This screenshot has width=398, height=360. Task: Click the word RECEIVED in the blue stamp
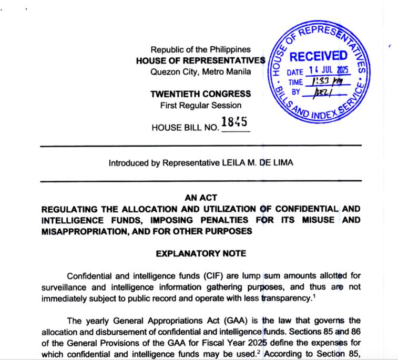point(319,56)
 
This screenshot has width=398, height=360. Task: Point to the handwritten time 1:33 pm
point(327,81)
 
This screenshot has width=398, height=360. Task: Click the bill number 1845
point(234,123)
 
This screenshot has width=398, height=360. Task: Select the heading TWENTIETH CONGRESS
point(200,95)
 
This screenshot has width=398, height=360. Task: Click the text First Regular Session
point(200,105)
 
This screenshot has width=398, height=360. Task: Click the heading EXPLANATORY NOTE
point(201,253)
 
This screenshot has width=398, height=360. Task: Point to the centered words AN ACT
point(200,198)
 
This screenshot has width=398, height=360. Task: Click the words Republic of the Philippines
point(200,49)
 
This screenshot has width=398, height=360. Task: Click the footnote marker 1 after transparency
point(313,295)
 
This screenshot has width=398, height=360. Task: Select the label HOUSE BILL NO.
point(185,127)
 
